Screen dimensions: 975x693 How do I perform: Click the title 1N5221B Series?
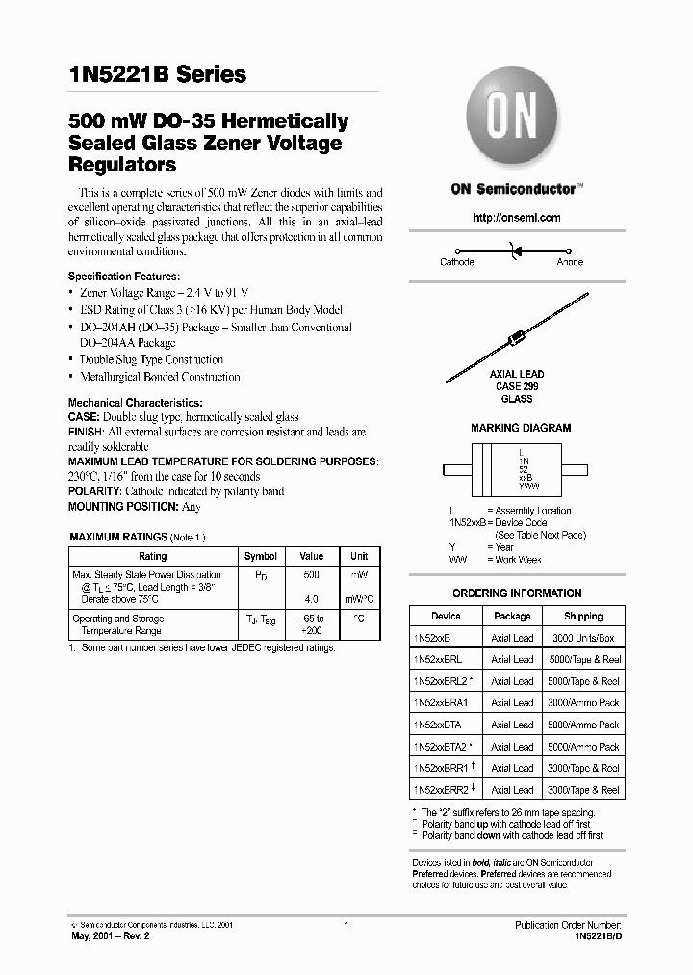pos(157,74)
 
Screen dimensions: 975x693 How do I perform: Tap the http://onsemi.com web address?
pos(516,218)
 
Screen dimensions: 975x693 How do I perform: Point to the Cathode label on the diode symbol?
pos(457,262)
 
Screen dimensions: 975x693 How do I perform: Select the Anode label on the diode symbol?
pos(570,262)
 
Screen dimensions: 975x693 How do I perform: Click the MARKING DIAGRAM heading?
pos(520,428)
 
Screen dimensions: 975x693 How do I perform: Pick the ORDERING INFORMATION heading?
pos(517,593)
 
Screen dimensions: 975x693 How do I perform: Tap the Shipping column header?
pos(583,616)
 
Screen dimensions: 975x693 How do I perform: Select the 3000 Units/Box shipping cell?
pos(583,638)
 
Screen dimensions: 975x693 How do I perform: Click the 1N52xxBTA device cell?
pos(438,725)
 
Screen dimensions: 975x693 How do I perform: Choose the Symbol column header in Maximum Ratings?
pos(261,556)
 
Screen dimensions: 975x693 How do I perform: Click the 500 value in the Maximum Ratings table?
pos(311,574)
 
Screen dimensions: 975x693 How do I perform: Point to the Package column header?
pos(512,616)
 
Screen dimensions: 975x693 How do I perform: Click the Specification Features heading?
pos(123,277)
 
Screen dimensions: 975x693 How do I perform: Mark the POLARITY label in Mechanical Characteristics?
pos(94,491)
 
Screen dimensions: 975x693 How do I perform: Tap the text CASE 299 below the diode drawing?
pos(517,386)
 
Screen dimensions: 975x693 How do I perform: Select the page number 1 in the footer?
pos(346,925)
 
